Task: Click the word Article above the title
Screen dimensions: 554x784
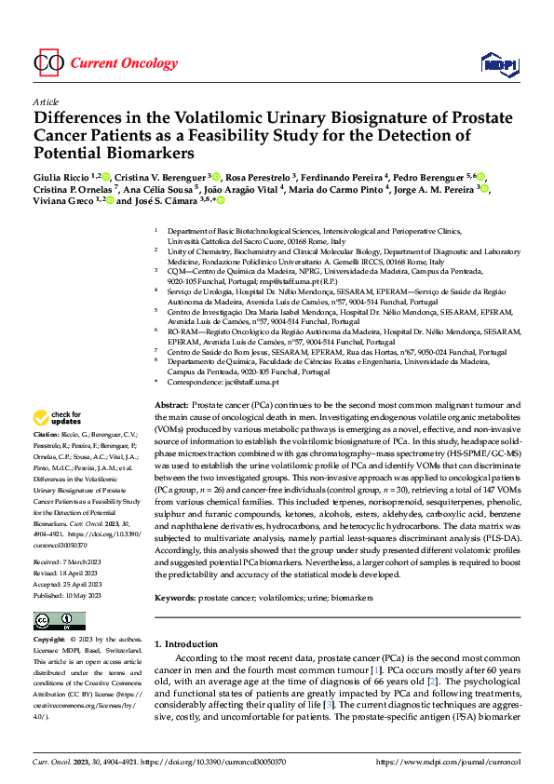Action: pos(45,101)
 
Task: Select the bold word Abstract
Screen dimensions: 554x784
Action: pos(170,407)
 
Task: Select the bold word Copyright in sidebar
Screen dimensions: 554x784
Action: pos(48,642)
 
